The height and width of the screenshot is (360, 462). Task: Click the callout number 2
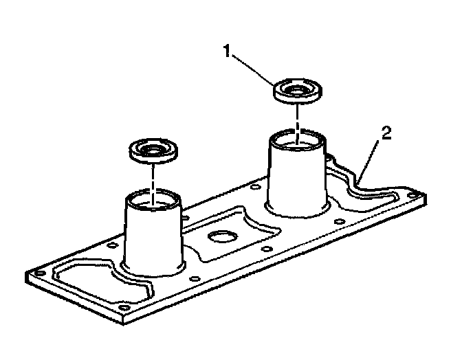pos(386,133)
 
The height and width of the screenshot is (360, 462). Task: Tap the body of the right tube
pos(297,179)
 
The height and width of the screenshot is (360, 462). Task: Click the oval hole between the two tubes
pos(222,238)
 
